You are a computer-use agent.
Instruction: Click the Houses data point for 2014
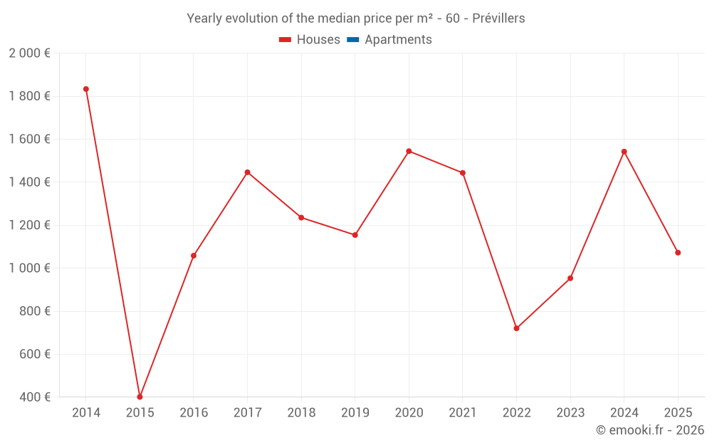pyautogui.click(x=86, y=89)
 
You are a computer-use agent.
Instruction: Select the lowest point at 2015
pyautogui.click(x=140, y=397)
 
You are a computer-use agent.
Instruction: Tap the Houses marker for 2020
pyautogui.click(x=409, y=151)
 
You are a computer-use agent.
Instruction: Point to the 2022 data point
pyautogui.click(x=516, y=328)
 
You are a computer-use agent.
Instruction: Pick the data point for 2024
pyautogui.click(x=624, y=152)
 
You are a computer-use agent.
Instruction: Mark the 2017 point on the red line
pyautogui.click(x=247, y=172)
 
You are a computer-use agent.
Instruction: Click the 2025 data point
pyautogui.click(x=678, y=253)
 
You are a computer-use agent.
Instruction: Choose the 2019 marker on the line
pyautogui.click(x=355, y=235)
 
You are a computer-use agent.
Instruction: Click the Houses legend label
pyautogui.click(x=318, y=40)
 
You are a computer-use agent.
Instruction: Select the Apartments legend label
pyautogui.click(x=398, y=40)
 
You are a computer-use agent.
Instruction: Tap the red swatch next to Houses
pyautogui.click(x=286, y=40)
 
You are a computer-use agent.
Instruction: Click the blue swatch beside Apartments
pyautogui.click(x=353, y=40)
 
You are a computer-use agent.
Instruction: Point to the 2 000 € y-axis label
pyautogui.click(x=29, y=53)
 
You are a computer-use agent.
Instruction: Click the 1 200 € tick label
pyautogui.click(x=29, y=225)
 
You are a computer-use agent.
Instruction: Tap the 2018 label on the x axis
pyautogui.click(x=301, y=413)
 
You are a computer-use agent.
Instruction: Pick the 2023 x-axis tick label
pyautogui.click(x=570, y=413)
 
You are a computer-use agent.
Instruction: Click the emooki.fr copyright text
pyautogui.click(x=650, y=430)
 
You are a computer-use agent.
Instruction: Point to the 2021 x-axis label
pyautogui.click(x=463, y=413)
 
